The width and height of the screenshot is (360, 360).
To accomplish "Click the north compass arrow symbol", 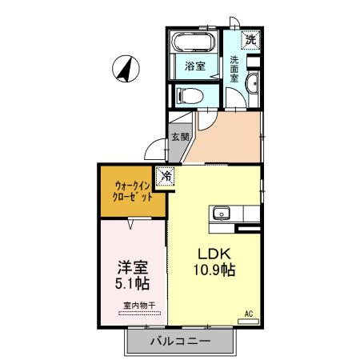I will tap(126, 68).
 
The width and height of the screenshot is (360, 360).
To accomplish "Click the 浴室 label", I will tap(194, 66).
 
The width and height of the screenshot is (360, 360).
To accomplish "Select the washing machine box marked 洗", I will tap(250, 39).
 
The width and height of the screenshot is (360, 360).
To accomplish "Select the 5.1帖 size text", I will tap(131, 283).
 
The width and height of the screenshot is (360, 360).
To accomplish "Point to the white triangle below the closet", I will tap(130, 226).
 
